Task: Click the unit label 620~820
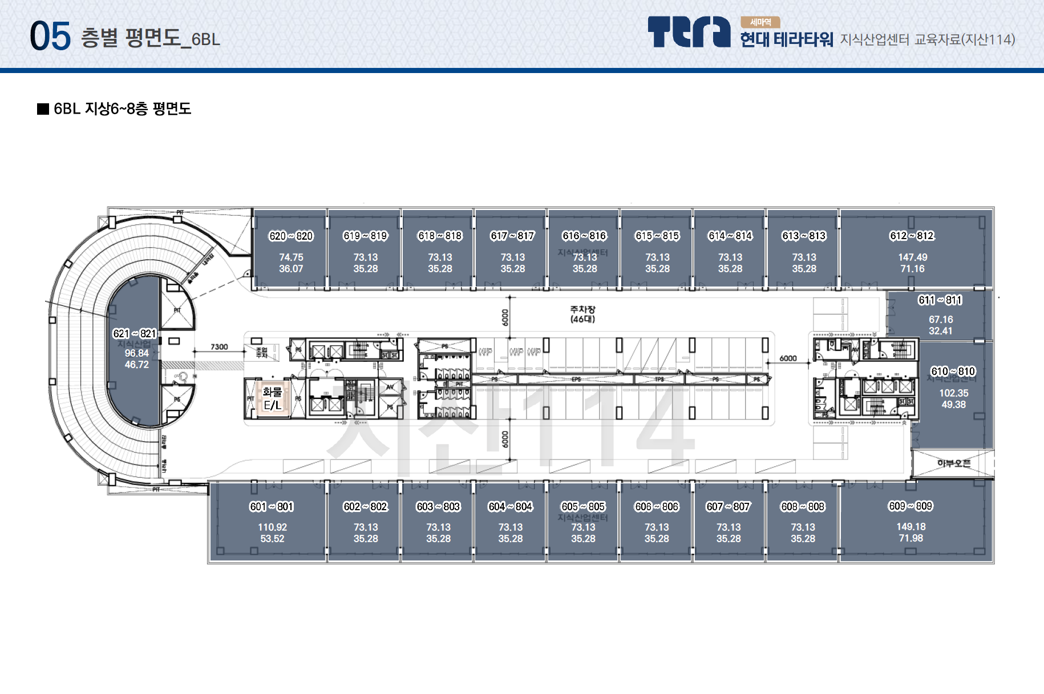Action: tap(291, 236)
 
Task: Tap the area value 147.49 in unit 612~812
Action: tap(913, 257)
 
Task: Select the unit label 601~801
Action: tap(272, 506)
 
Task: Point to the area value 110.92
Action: tap(272, 527)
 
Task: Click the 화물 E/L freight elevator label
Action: tap(272, 398)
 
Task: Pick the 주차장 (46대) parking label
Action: tap(582, 314)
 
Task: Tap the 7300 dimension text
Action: tap(219, 346)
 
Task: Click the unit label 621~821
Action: tap(135, 333)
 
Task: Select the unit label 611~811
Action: tap(940, 300)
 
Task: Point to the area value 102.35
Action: tap(954, 393)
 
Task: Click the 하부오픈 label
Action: tap(953, 463)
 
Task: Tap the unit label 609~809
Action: tap(911, 506)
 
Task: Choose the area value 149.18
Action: tap(911, 527)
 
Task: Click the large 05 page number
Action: tap(50, 36)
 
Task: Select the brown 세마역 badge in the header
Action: tap(760, 22)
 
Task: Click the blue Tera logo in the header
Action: tap(689, 32)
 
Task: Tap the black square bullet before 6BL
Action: tap(43, 109)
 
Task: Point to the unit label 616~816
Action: tap(585, 236)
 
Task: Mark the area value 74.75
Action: tap(291, 257)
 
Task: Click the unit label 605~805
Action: tap(583, 506)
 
